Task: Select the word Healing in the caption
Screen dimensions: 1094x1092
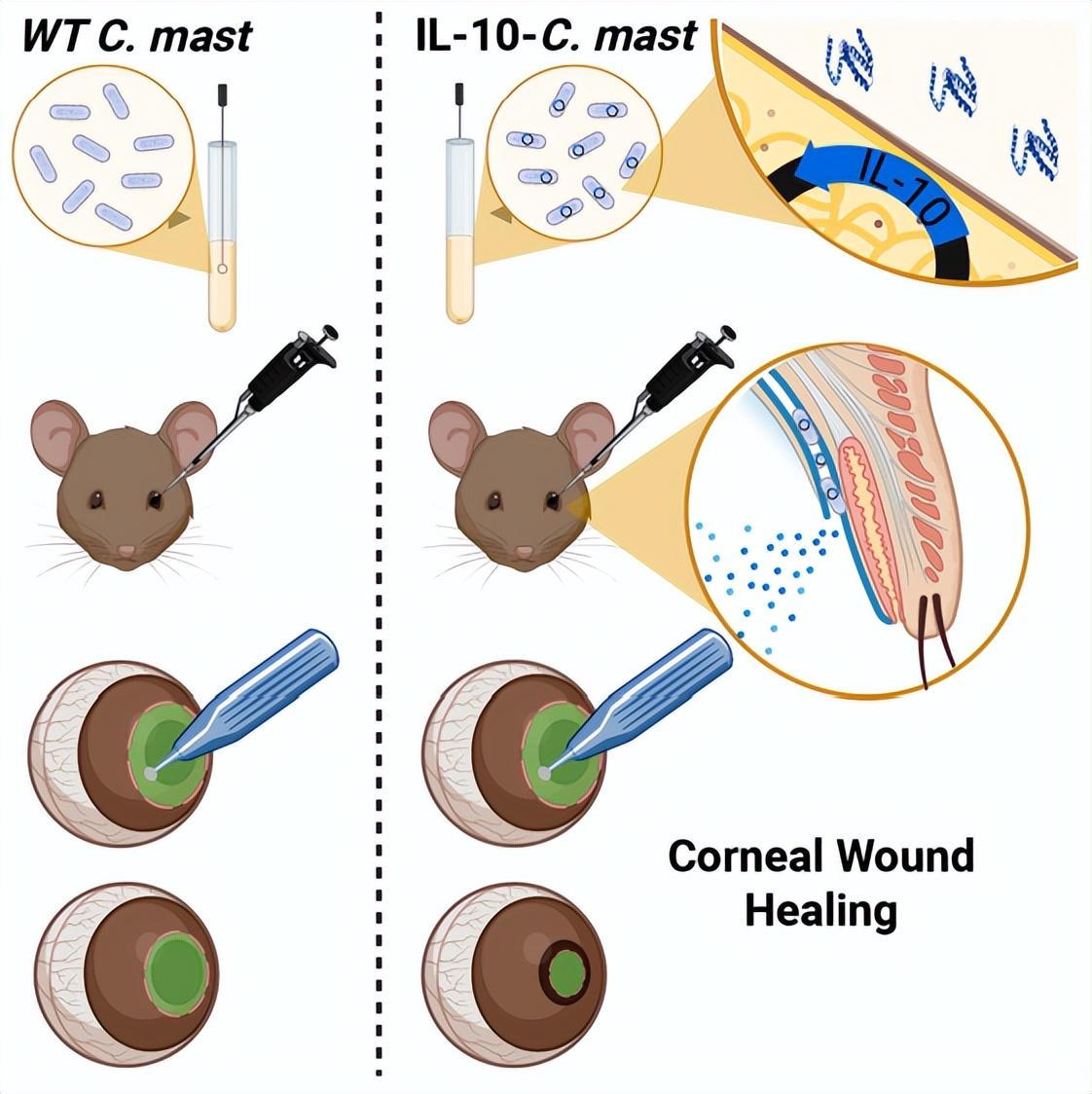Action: [x=820, y=912]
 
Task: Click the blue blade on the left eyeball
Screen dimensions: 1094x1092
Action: [x=262, y=691]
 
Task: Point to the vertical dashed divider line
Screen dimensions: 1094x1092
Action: [x=378, y=584]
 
